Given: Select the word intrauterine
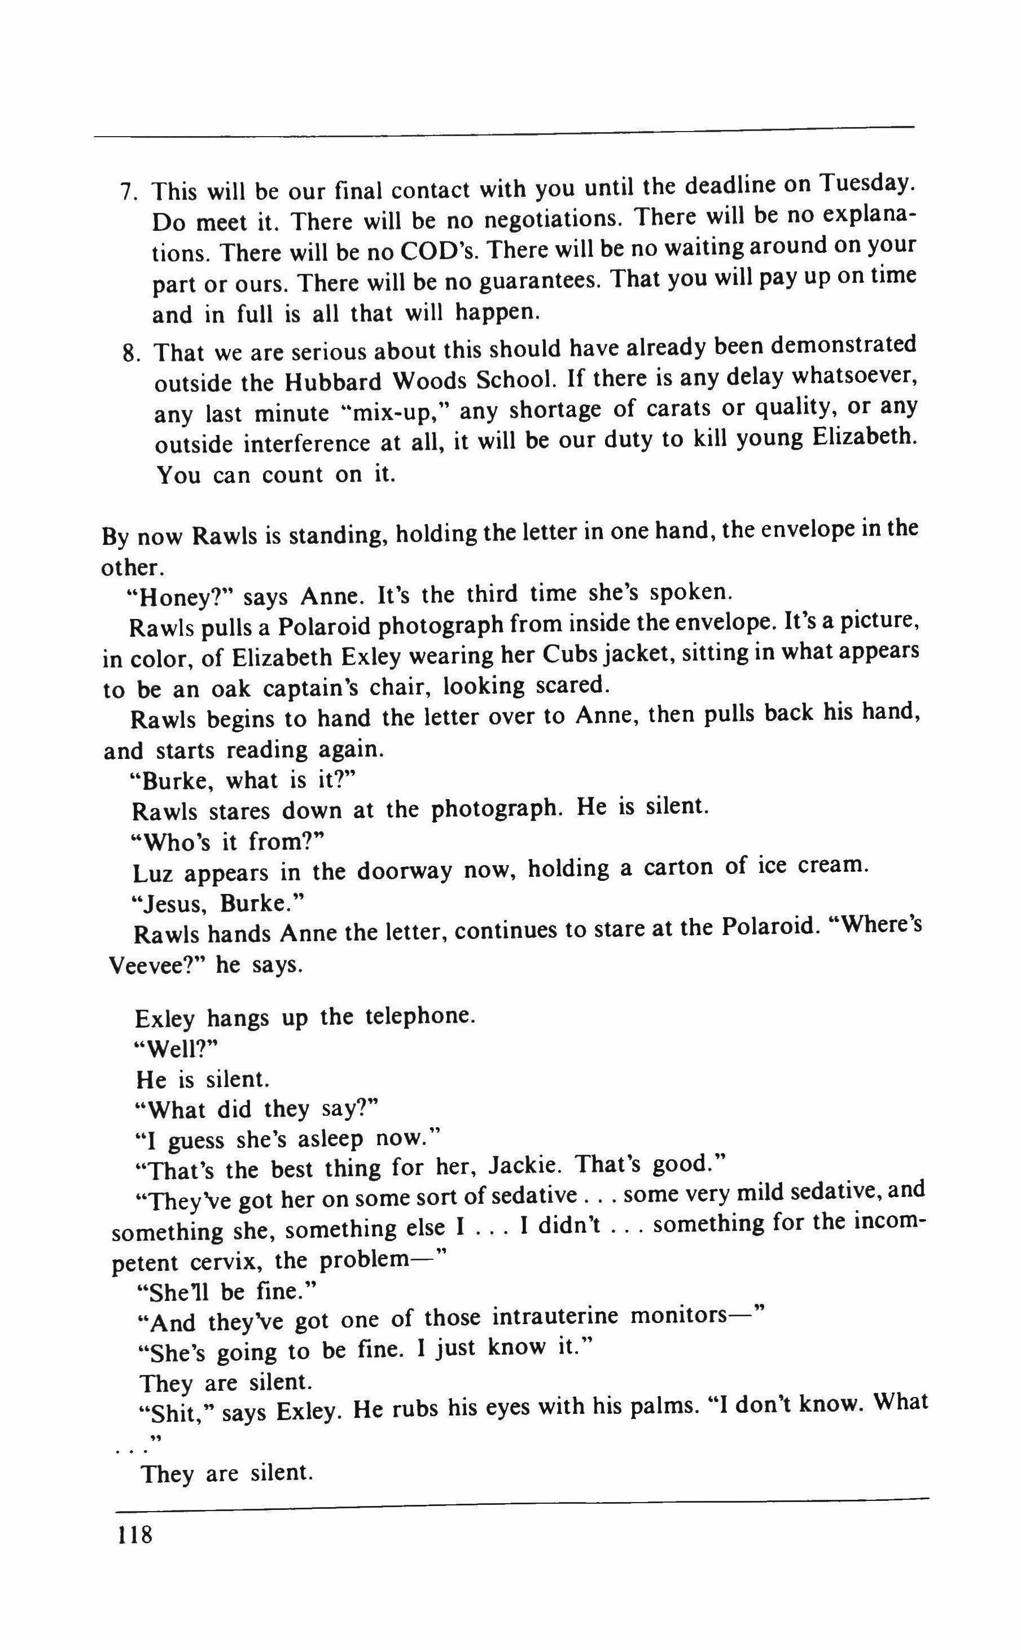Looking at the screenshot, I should pos(555,1319).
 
